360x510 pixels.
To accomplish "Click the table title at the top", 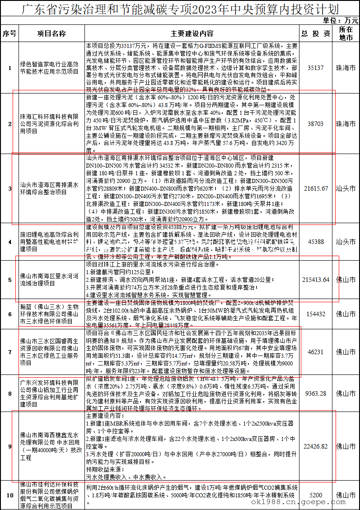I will (x=180, y=9).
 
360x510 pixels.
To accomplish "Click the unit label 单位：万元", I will (x=341, y=20).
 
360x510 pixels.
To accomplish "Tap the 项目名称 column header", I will (x=51, y=33).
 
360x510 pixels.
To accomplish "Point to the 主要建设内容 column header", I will (x=192, y=33).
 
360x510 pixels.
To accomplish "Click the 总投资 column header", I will (x=316, y=33).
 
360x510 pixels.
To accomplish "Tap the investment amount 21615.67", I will (x=316, y=188).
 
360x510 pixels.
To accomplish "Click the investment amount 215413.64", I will (x=316, y=280).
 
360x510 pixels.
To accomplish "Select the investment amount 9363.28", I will (x=316, y=393).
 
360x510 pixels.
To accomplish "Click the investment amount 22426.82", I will (x=316, y=446).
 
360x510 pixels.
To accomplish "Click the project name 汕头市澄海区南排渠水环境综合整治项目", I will (x=51, y=188).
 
